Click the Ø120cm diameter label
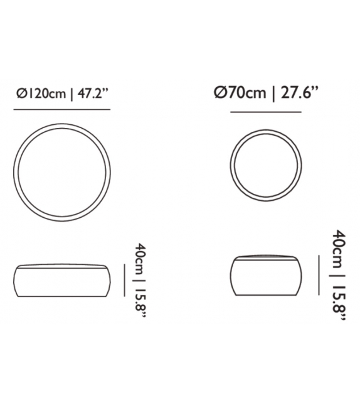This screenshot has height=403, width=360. (x=41, y=94)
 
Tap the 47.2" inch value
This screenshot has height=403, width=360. (x=92, y=94)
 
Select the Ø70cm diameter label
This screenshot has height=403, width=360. (x=240, y=92)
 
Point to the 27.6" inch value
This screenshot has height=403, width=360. (x=299, y=92)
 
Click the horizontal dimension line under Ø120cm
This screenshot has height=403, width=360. (x=62, y=109)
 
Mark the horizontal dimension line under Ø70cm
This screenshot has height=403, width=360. (x=266, y=112)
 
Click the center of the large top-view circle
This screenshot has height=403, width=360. (x=62, y=172)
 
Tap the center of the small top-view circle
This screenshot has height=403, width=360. (x=266, y=165)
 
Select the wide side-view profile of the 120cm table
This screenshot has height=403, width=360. (x=62, y=281)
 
